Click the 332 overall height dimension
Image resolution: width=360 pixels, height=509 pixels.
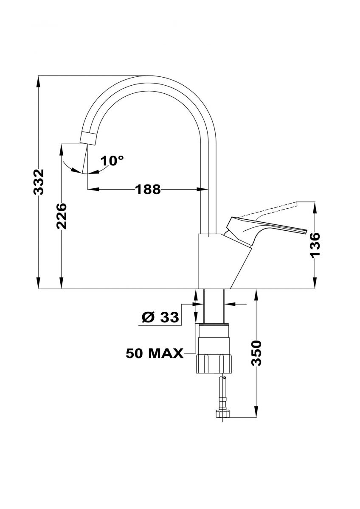coord(38,182)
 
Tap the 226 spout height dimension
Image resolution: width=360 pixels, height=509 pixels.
coord(62,216)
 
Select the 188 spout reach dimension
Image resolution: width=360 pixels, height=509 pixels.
coord(148,189)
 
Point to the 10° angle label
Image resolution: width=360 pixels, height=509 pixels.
coord(112,161)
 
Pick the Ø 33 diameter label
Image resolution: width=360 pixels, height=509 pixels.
coord(160,317)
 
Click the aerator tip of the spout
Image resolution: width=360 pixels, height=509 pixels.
coord(89,138)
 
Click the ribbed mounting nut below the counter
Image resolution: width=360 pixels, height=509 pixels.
coord(214,364)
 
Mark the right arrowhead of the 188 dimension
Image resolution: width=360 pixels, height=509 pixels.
coord(202,189)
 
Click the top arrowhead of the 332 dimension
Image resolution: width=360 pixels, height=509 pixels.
coord(38,81)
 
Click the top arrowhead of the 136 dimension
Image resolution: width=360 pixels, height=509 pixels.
coord(315,207)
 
